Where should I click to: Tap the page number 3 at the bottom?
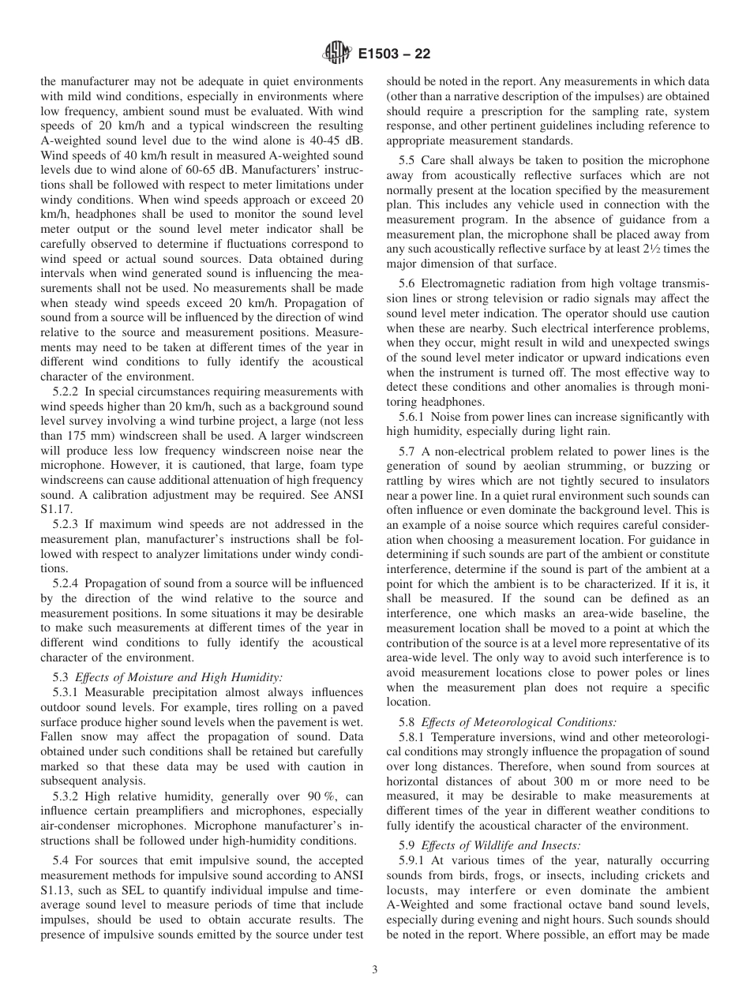coord(375,970)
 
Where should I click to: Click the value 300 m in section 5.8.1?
coord(557,781)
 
